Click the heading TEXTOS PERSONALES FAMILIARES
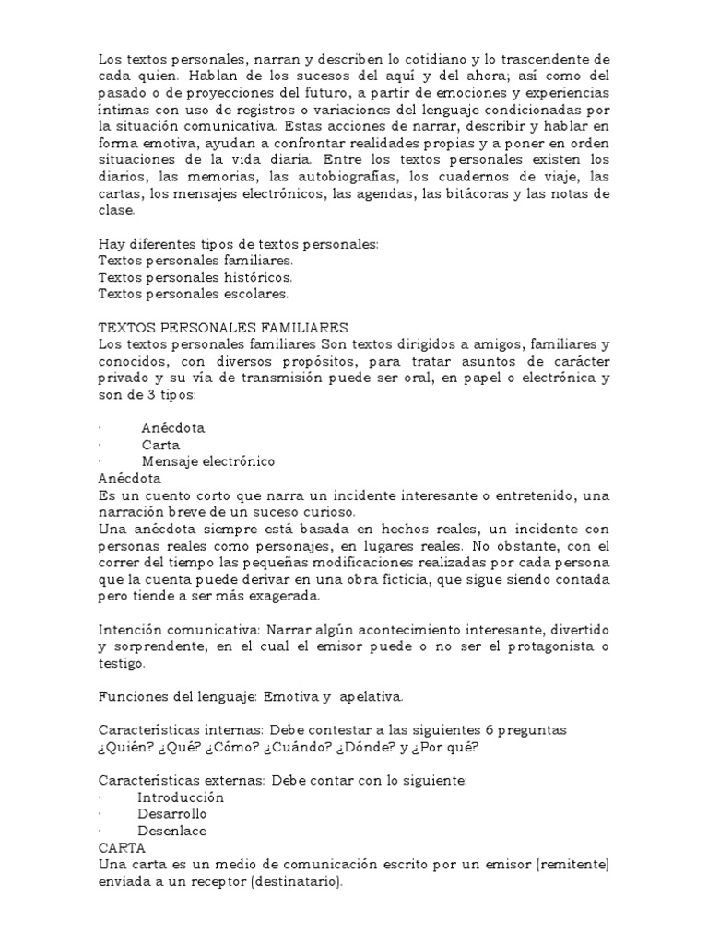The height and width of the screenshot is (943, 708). pyautogui.click(x=222, y=327)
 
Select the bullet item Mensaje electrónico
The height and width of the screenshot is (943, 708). pyautogui.click(x=208, y=461)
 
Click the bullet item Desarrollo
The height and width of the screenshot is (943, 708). pyautogui.click(x=172, y=813)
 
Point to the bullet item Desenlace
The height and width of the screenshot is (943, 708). pyautogui.click(x=172, y=830)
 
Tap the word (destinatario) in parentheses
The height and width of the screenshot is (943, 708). pyautogui.click(x=288, y=880)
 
